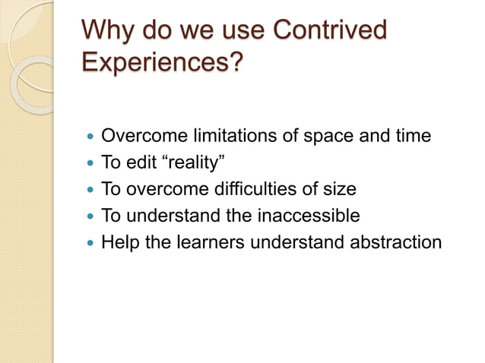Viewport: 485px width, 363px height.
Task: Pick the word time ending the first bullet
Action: pyautogui.click(x=412, y=136)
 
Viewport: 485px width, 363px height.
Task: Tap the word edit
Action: pyautogui.click(x=141, y=163)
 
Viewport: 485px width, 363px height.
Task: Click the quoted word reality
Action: pyautogui.click(x=192, y=163)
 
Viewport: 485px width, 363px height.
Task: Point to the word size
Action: pyautogui.click(x=338, y=190)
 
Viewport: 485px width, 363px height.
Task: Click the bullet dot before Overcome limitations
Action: pyautogui.click(x=91, y=137)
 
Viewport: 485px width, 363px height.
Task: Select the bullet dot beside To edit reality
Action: pyautogui.click(x=91, y=164)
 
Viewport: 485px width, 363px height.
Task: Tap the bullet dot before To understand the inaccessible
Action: pyautogui.click(x=91, y=217)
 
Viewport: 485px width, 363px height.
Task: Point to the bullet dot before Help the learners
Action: pyautogui.click(x=91, y=244)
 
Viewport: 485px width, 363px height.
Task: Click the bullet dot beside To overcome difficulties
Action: pyautogui.click(x=91, y=191)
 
